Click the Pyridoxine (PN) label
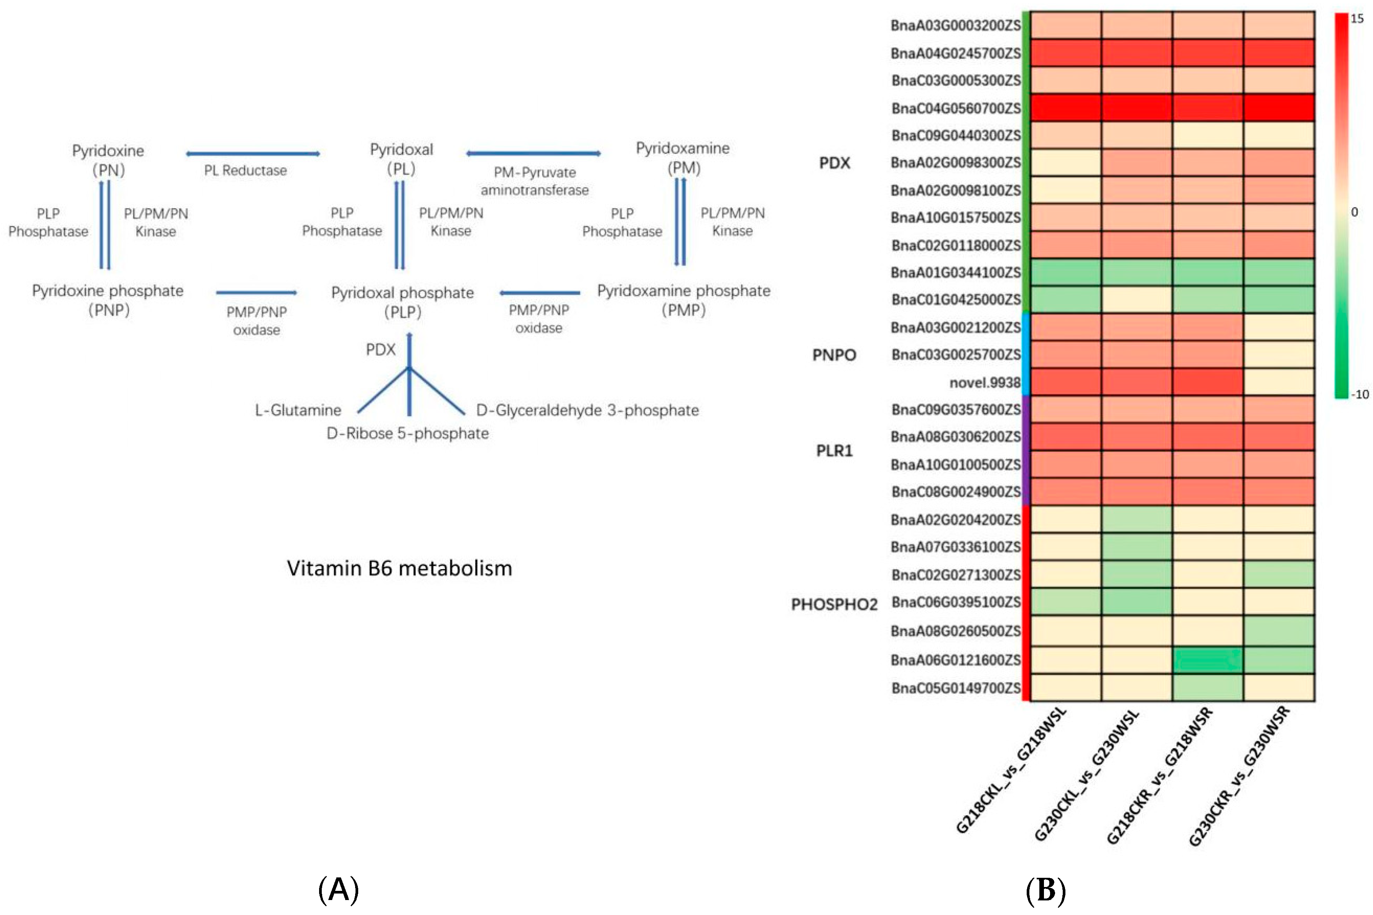tap(108, 160)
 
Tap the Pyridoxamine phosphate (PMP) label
tap(683, 300)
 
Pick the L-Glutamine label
tap(298, 410)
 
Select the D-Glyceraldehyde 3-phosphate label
tap(587, 410)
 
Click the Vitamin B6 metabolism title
tap(399, 568)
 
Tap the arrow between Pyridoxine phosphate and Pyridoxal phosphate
tap(256, 292)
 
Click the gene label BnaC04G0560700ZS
tap(955, 109)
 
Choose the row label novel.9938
tap(984, 383)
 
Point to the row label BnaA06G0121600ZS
tap(955, 660)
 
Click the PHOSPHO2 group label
tap(834, 604)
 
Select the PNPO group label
tap(834, 355)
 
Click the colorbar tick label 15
tap(1357, 19)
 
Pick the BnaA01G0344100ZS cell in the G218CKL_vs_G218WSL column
tap(1065, 273)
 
